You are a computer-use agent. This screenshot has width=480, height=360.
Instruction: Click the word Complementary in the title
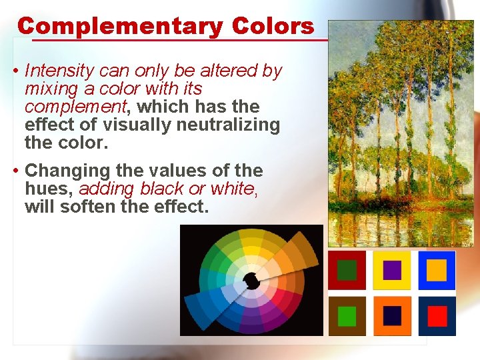pos(120,26)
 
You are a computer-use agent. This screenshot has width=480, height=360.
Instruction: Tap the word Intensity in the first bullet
pos(59,71)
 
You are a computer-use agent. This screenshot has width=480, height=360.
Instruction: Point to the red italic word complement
pos(75,107)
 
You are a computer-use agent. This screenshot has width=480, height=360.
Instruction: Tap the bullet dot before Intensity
pos(15,71)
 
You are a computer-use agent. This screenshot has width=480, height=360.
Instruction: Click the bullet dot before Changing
pos(15,171)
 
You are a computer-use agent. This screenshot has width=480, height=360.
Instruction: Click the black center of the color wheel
pos(251,281)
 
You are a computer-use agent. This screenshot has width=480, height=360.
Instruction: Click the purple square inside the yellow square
pos(393,270)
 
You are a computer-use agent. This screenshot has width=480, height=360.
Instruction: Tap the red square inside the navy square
pos(437,316)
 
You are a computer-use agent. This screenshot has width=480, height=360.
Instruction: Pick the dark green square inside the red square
pos(347,270)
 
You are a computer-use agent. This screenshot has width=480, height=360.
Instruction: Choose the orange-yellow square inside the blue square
pos(437,270)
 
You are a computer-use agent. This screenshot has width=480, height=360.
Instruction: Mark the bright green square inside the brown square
pos(347,316)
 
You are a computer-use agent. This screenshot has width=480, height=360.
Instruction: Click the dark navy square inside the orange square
pos(393,316)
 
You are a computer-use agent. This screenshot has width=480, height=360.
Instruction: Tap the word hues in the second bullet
pos(43,189)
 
